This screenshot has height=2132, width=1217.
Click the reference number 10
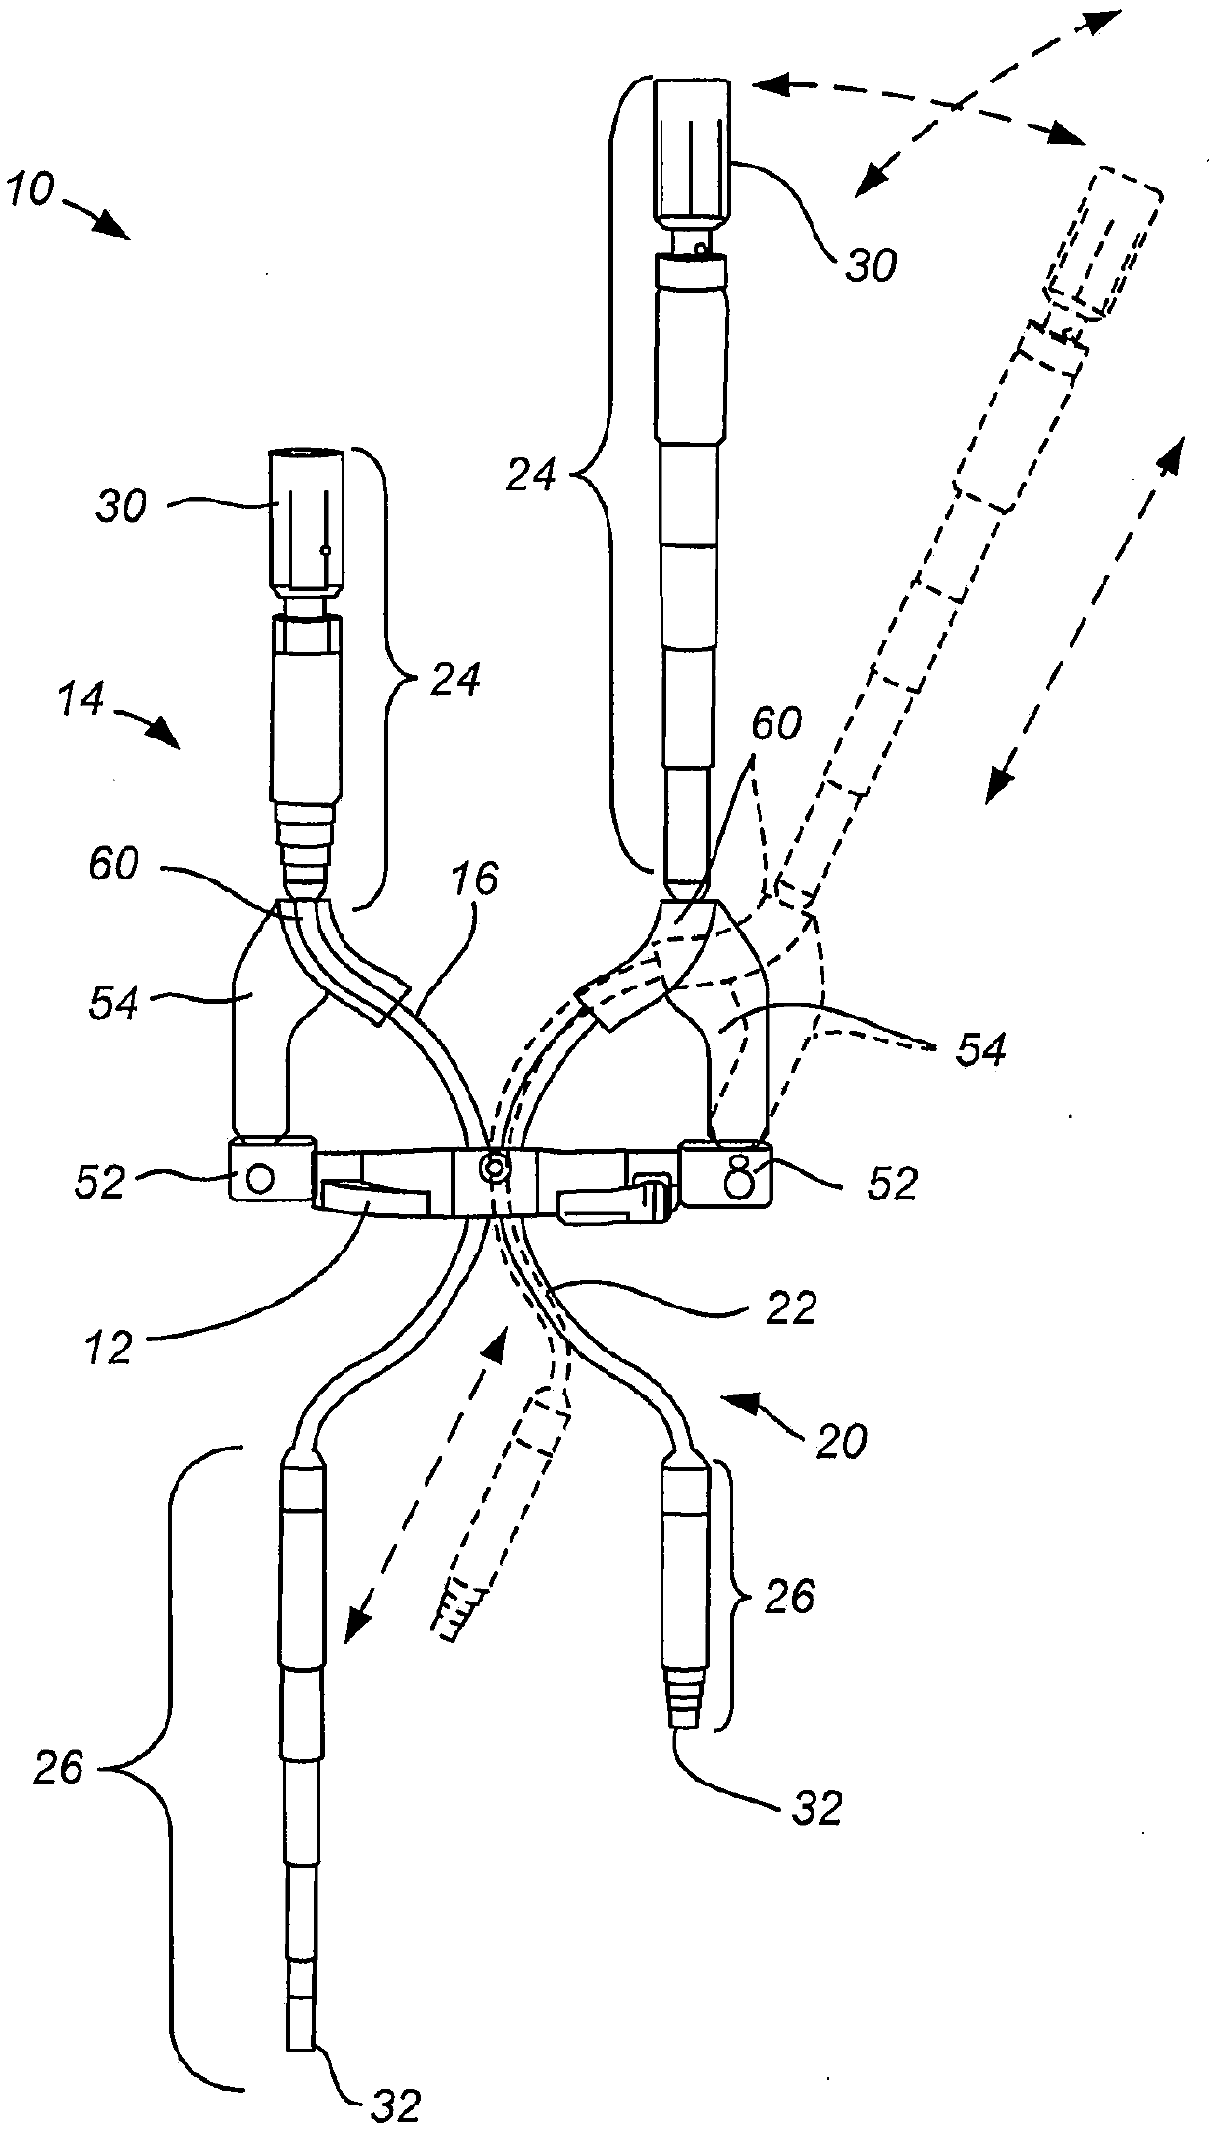pyautogui.click(x=30, y=188)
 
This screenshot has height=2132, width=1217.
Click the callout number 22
pyautogui.click(x=789, y=1308)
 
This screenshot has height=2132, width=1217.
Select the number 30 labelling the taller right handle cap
pyautogui.click(x=872, y=265)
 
